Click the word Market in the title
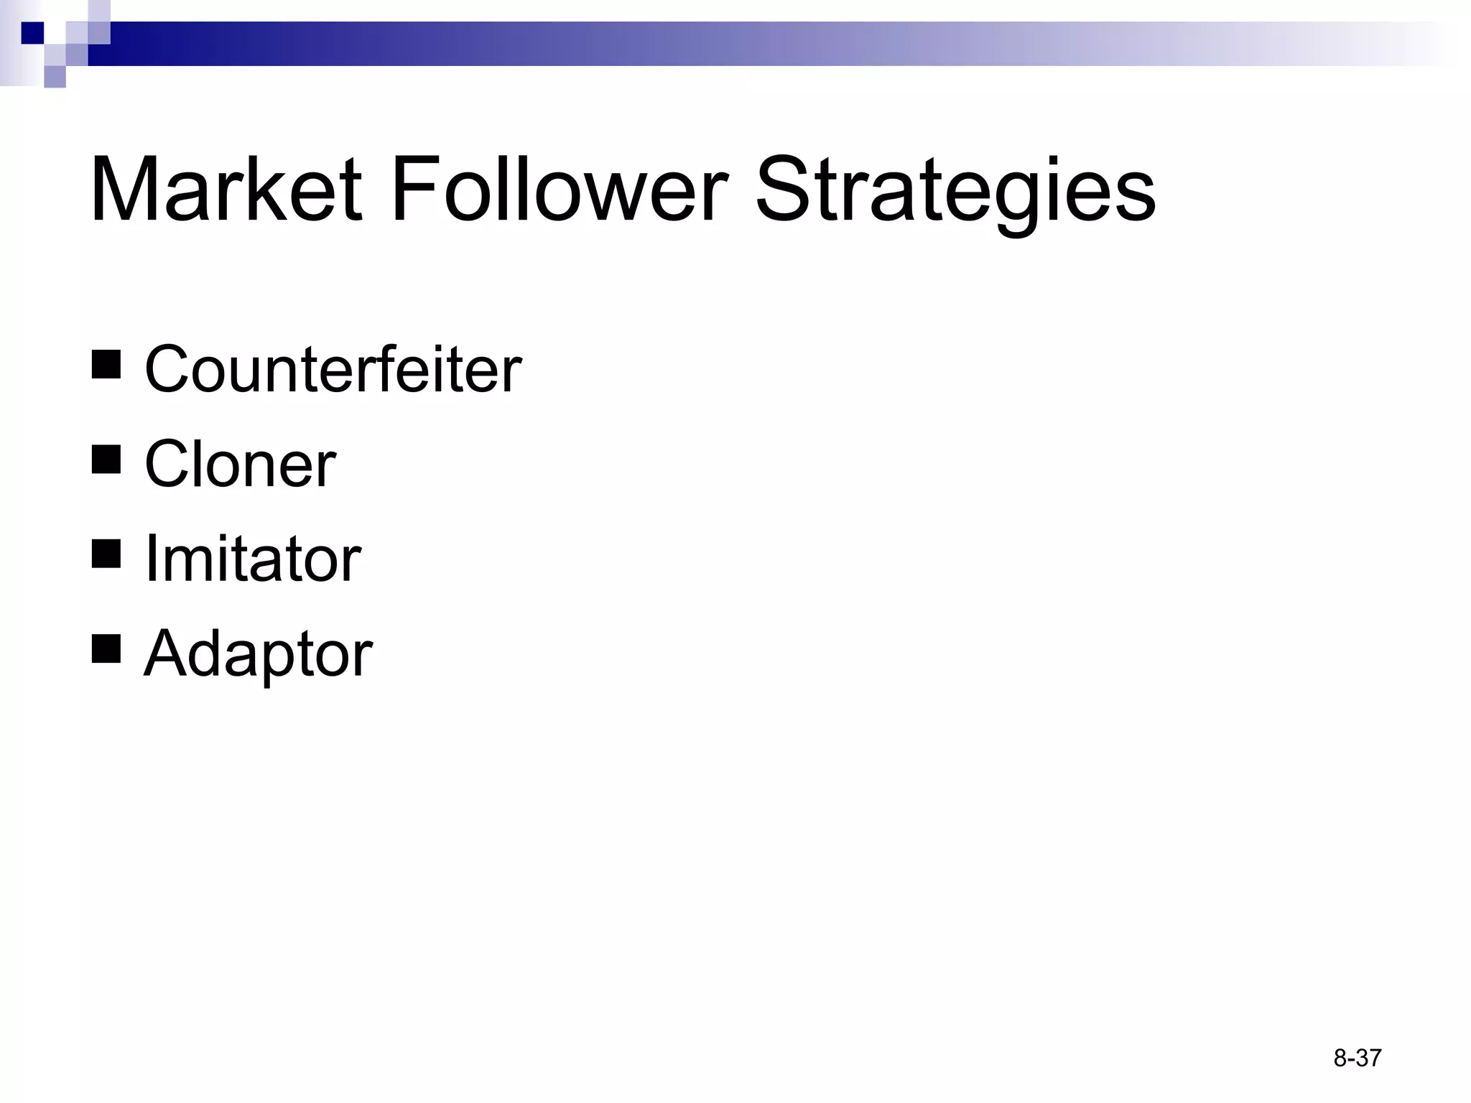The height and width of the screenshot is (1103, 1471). coord(226,190)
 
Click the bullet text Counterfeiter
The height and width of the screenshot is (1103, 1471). coord(333,369)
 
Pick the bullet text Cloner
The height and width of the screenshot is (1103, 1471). coord(240,464)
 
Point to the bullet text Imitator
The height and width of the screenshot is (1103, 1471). coord(253,559)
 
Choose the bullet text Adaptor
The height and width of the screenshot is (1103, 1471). coord(258,653)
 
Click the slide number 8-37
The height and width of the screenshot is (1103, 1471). coord(1357,1058)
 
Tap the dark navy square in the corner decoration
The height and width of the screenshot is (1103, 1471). coord(33,33)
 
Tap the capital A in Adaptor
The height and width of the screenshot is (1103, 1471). coord(167,653)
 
